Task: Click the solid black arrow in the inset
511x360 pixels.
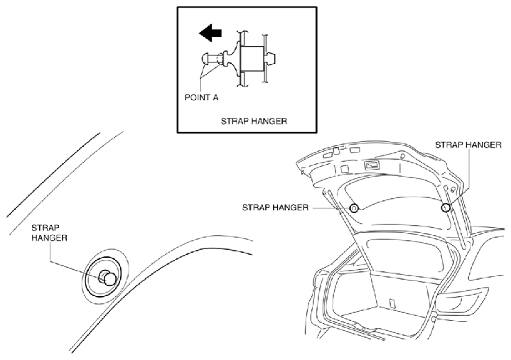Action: point(210,33)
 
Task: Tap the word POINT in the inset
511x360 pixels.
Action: point(197,97)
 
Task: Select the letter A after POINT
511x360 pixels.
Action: point(215,97)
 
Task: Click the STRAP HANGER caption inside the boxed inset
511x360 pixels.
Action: point(254,121)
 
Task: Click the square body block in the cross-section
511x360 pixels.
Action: point(252,59)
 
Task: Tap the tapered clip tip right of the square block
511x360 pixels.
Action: point(271,59)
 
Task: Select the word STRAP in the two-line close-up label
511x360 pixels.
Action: point(45,227)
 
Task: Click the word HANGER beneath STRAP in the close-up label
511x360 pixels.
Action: point(49,238)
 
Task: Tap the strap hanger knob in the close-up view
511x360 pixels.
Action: point(107,278)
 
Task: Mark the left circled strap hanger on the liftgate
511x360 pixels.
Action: point(354,207)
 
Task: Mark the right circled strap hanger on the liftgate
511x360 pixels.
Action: point(446,207)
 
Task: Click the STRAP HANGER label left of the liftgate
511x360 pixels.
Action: point(275,207)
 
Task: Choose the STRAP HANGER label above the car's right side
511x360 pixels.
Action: point(468,145)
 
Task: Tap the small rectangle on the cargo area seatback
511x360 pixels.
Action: point(393,302)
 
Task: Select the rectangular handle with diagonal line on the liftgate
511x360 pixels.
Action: point(372,165)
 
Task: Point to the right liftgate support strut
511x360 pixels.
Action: point(455,215)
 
